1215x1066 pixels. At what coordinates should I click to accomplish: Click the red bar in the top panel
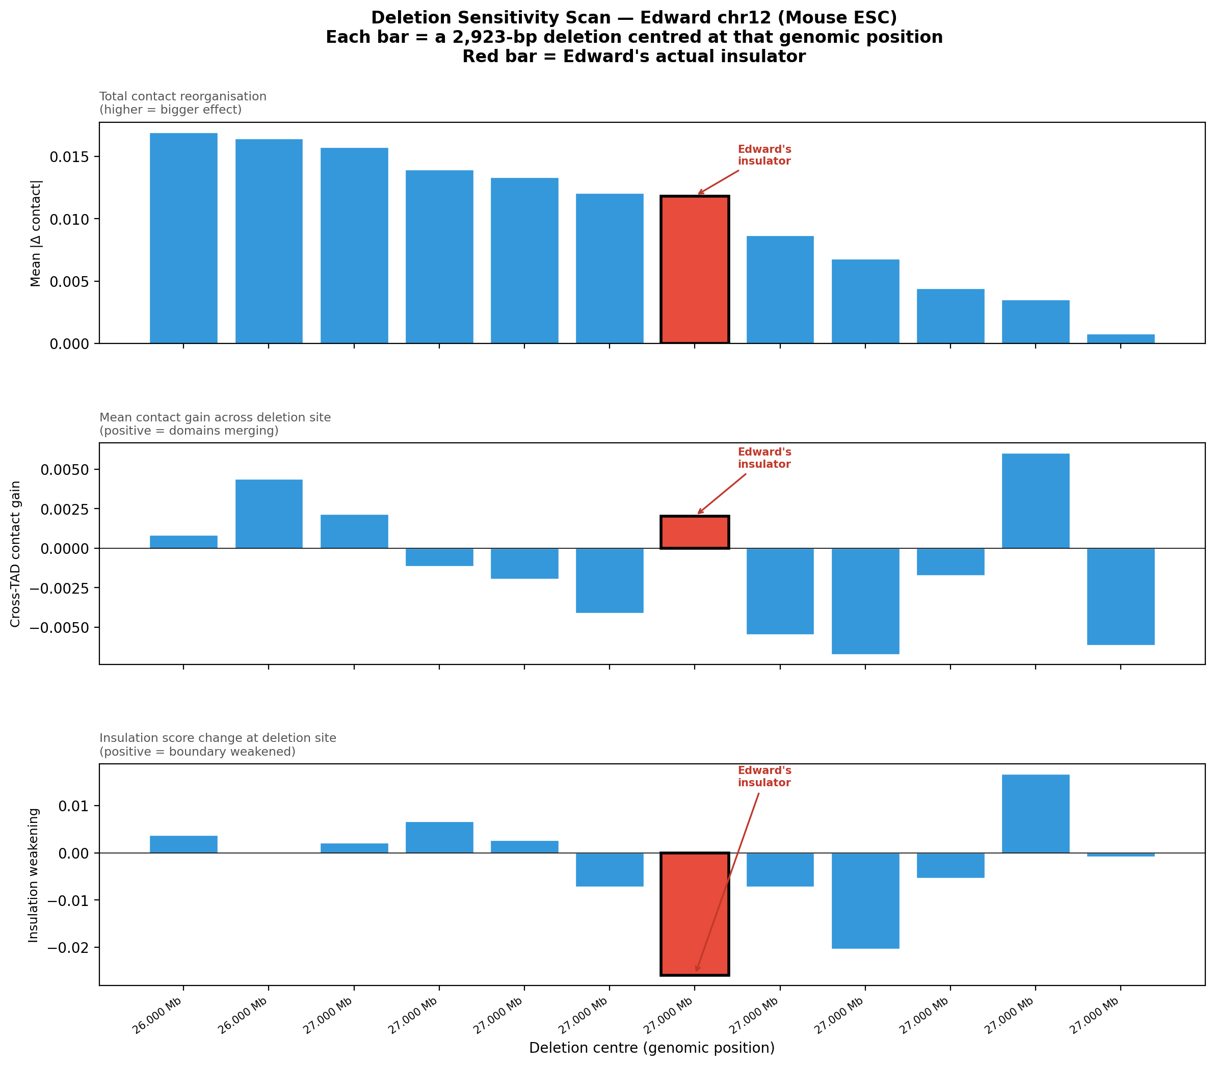point(694,269)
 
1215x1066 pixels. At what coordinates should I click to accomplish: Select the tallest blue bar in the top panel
point(183,238)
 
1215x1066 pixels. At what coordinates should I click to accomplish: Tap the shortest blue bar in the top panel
point(1121,339)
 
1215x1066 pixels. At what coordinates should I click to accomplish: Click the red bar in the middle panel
point(694,532)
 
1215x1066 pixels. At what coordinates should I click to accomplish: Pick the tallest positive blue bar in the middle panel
point(1036,501)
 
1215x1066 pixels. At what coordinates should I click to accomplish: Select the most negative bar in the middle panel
point(865,601)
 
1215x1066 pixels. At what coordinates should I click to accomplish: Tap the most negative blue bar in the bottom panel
point(865,900)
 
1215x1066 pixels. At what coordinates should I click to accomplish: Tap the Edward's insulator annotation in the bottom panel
point(764,777)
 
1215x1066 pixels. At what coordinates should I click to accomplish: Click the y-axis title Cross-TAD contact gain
point(15,554)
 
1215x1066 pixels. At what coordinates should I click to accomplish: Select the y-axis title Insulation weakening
point(33,875)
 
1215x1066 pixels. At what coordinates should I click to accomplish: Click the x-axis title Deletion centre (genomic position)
point(651,1048)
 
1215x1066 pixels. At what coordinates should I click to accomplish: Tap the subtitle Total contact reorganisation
point(182,96)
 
